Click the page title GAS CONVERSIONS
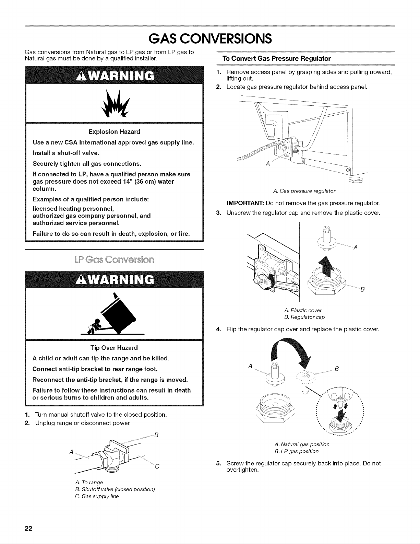[x=210, y=38]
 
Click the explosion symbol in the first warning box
[x=115, y=103]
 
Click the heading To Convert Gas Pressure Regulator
[x=277, y=59]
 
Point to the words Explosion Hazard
[x=114, y=132]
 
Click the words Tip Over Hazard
[x=114, y=348]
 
